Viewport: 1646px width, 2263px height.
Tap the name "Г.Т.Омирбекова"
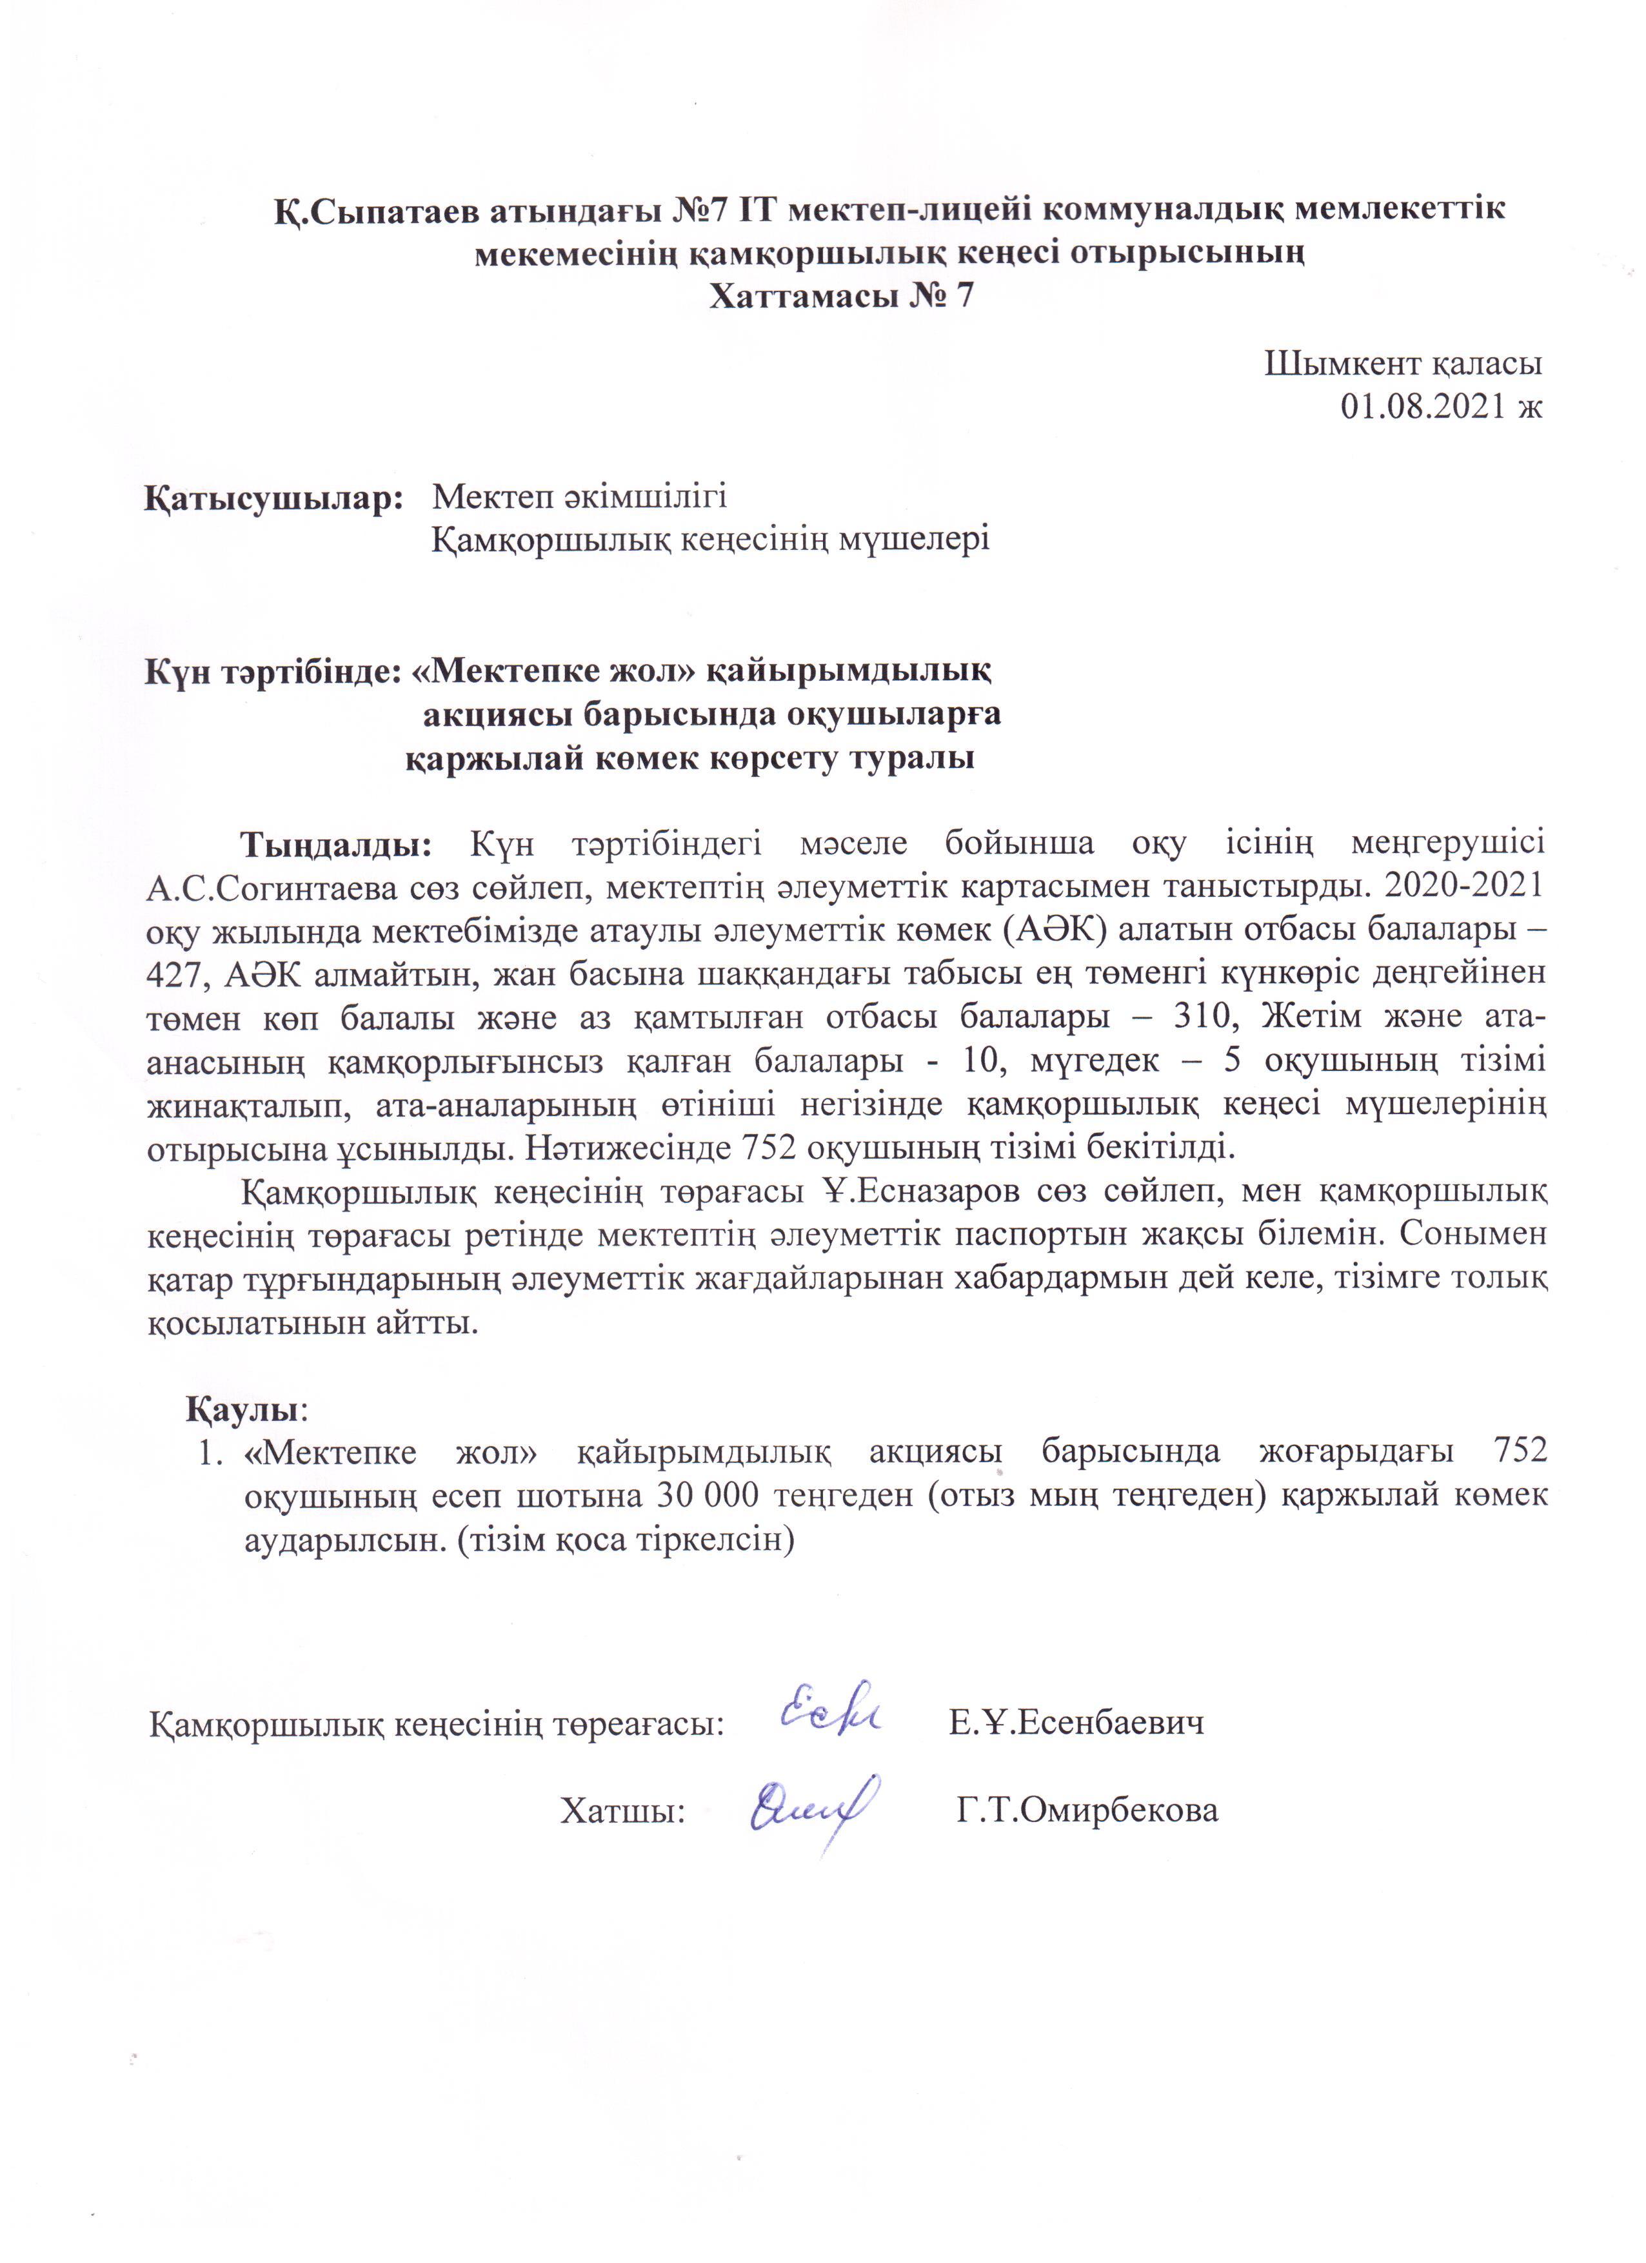click(x=1087, y=1810)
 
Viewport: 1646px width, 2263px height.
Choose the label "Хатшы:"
click(x=622, y=1810)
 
